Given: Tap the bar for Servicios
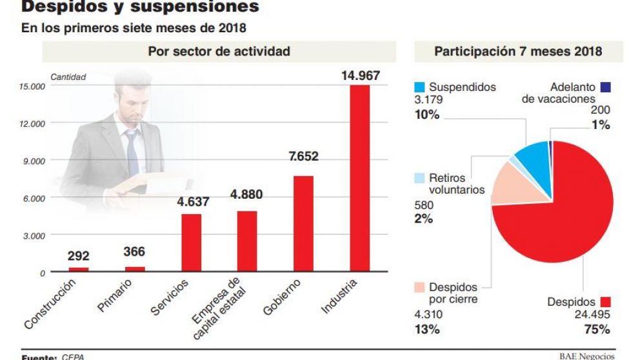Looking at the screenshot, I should [x=191, y=243].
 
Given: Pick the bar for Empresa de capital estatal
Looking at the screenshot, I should [x=247, y=241].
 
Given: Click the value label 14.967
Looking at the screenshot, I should [x=360, y=75].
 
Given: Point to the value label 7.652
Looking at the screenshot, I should [x=303, y=157].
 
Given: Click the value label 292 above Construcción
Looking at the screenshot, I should [x=78, y=256].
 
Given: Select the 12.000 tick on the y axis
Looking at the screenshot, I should [x=32, y=123].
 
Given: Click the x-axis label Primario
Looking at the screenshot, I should [x=115, y=296].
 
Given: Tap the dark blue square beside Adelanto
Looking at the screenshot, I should [x=605, y=87].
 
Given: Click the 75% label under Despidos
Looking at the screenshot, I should [x=597, y=330].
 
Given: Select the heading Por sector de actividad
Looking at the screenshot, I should [x=219, y=51].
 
